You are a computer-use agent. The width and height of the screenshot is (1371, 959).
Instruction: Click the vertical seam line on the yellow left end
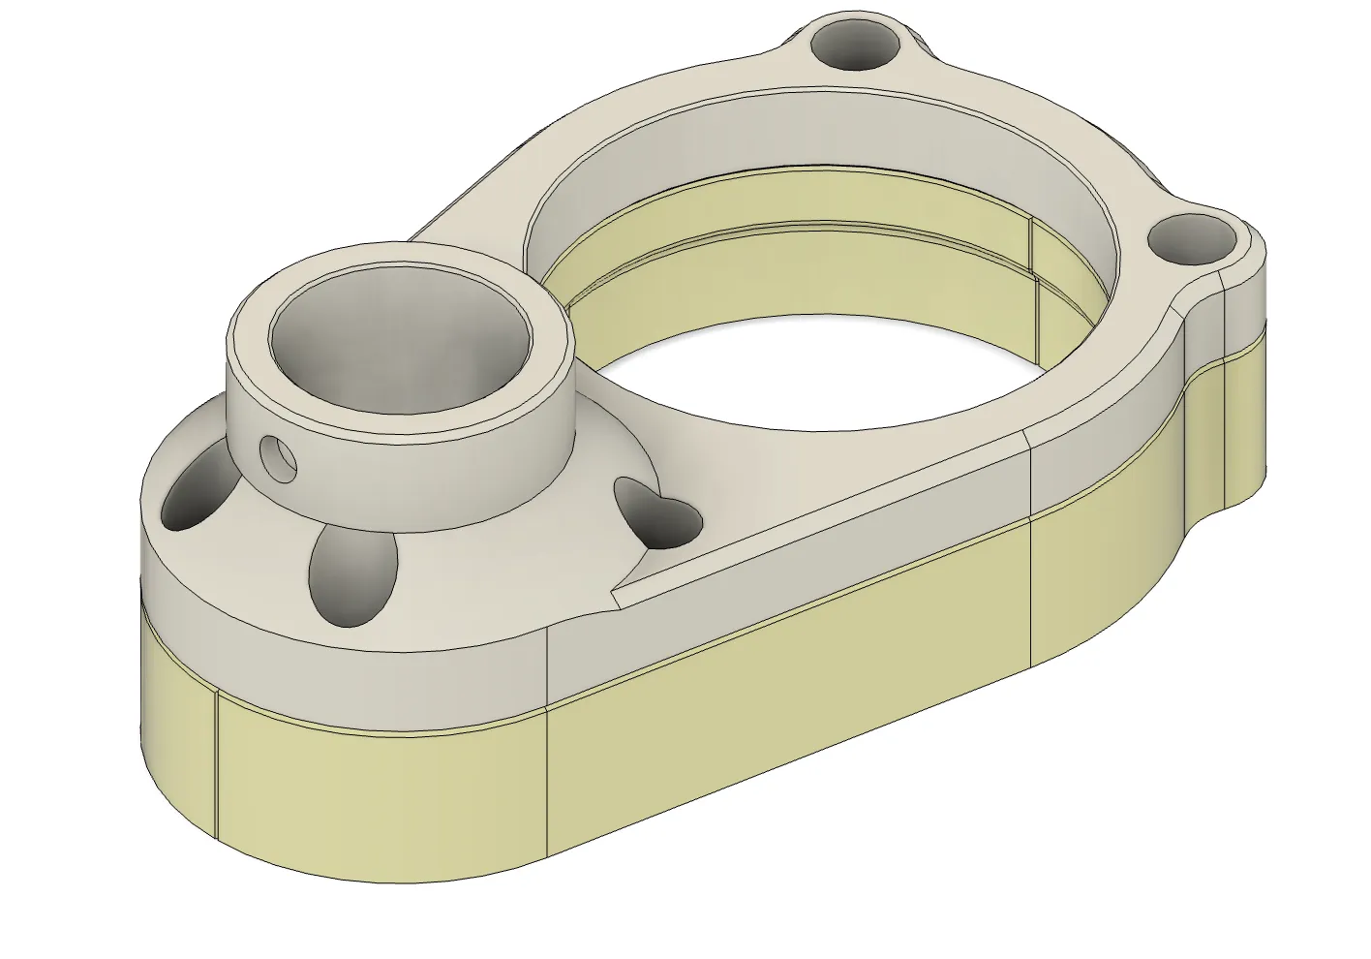pos(216,775)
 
